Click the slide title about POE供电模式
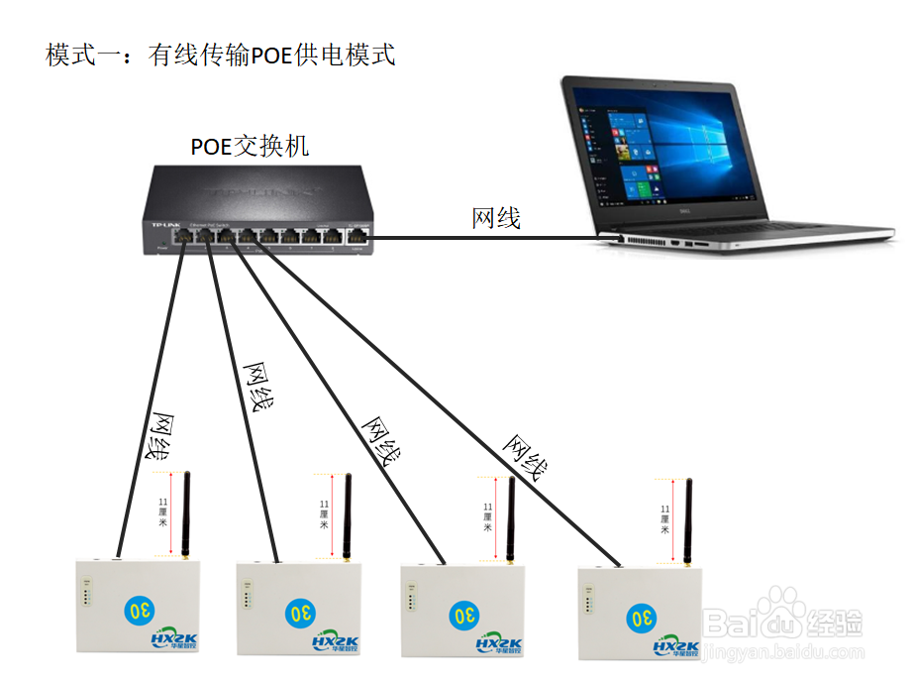(x=221, y=55)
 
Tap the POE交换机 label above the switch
(x=250, y=147)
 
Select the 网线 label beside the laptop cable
(x=496, y=218)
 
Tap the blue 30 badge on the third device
(x=463, y=616)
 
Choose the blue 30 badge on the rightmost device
(x=641, y=617)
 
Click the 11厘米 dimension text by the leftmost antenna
(x=162, y=513)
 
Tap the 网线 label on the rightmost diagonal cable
(x=526, y=455)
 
